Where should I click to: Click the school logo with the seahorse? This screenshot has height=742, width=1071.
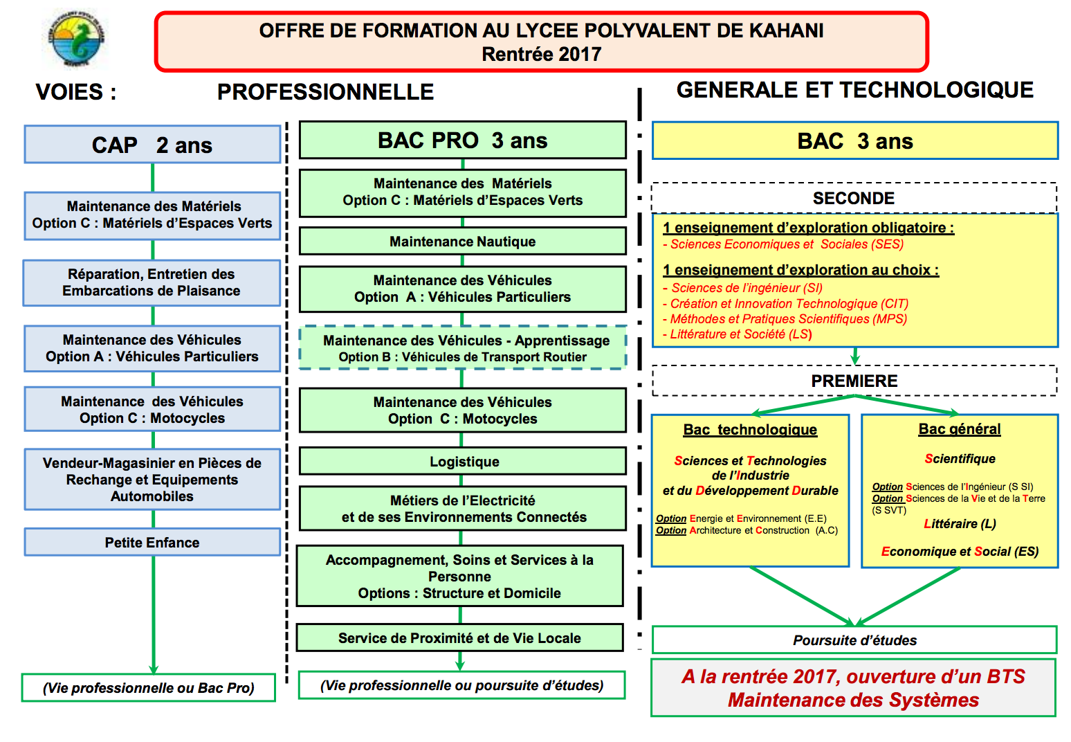(76, 39)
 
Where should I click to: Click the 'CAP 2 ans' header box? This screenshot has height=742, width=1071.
(152, 145)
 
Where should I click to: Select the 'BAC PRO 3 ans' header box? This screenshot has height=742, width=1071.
(462, 141)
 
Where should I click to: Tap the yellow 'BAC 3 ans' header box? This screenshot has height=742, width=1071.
(854, 141)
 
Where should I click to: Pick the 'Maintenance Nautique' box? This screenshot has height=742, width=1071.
(462, 242)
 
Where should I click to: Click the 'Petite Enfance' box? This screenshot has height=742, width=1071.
(152, 543)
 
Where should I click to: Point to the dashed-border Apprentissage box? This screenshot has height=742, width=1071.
(463, 348)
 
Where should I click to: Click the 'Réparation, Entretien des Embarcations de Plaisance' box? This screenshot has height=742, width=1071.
(152, 282)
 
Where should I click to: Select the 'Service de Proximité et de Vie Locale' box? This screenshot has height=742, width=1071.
(459, 638)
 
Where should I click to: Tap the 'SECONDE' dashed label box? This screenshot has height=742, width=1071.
(854, 199)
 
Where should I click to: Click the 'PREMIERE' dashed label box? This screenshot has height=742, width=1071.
(854, 381)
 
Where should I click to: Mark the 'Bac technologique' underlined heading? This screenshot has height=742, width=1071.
(750, 430)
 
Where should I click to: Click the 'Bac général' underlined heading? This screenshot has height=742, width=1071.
(960, 429)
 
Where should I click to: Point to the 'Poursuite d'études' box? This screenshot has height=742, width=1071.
(854, 640)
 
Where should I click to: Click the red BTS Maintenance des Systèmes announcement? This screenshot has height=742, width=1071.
(853, 688)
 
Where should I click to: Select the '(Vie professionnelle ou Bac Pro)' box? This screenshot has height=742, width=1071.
(149, 688)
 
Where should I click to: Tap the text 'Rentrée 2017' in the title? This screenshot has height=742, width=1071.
(541, 54)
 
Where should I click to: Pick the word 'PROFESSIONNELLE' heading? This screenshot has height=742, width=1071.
(325, 92)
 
